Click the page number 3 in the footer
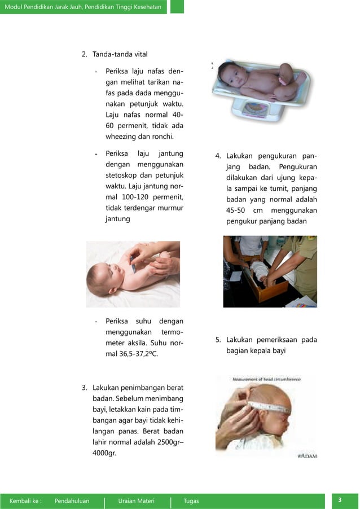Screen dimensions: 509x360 [340, 500]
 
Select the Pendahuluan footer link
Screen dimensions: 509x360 [72, 501]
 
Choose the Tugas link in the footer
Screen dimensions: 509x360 [191, 501]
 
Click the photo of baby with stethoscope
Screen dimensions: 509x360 [133, 274]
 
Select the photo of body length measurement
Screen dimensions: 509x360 [270, 271]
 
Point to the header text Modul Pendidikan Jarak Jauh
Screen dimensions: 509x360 [83, 7]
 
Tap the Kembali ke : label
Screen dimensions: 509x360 [25, 501]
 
